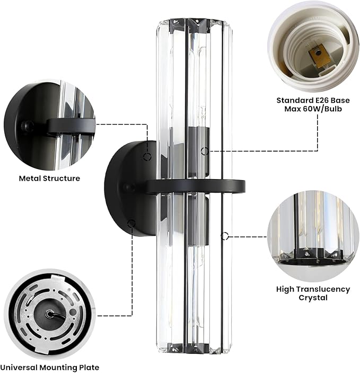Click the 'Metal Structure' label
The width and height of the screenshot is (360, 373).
pos(49,178)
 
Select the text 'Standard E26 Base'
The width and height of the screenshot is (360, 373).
pos(313,100)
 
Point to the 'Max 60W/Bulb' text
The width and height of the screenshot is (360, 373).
pos(313,109)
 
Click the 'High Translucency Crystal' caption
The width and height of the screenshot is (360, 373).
pos(313,294)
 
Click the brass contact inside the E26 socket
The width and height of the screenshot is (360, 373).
pos(319,57)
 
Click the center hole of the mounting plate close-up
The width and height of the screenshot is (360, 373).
pos(49,314)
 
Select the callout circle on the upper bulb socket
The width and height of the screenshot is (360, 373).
pos(205,151)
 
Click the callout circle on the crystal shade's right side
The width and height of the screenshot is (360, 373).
pos(225,236)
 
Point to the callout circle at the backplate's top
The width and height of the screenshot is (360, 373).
pos(147,156)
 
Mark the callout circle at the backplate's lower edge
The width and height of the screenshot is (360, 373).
pos(131,223)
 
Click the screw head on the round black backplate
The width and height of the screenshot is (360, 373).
pos(129,188)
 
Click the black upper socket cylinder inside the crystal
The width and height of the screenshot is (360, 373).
pos(198,152)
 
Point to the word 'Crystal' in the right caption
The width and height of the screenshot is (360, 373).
pos(313,298)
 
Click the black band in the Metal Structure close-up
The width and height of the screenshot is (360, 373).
pos(72,126)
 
